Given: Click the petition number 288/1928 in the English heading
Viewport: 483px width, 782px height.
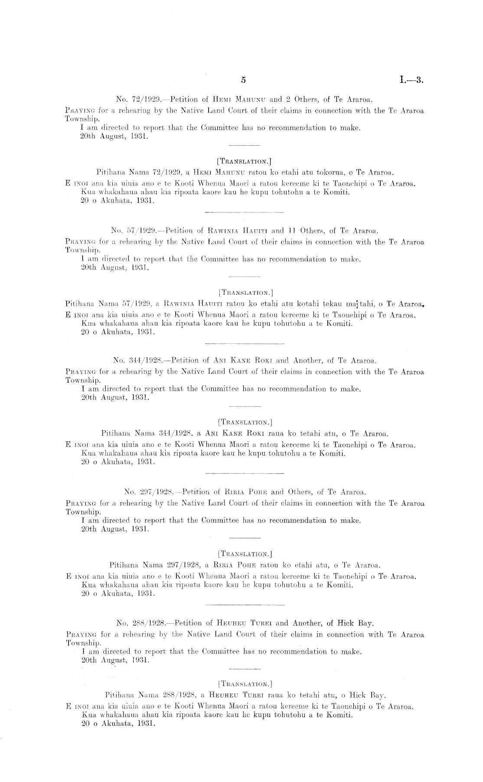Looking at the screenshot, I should pos(149,623).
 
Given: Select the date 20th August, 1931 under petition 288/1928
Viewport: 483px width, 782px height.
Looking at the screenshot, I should pos(116,660).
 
